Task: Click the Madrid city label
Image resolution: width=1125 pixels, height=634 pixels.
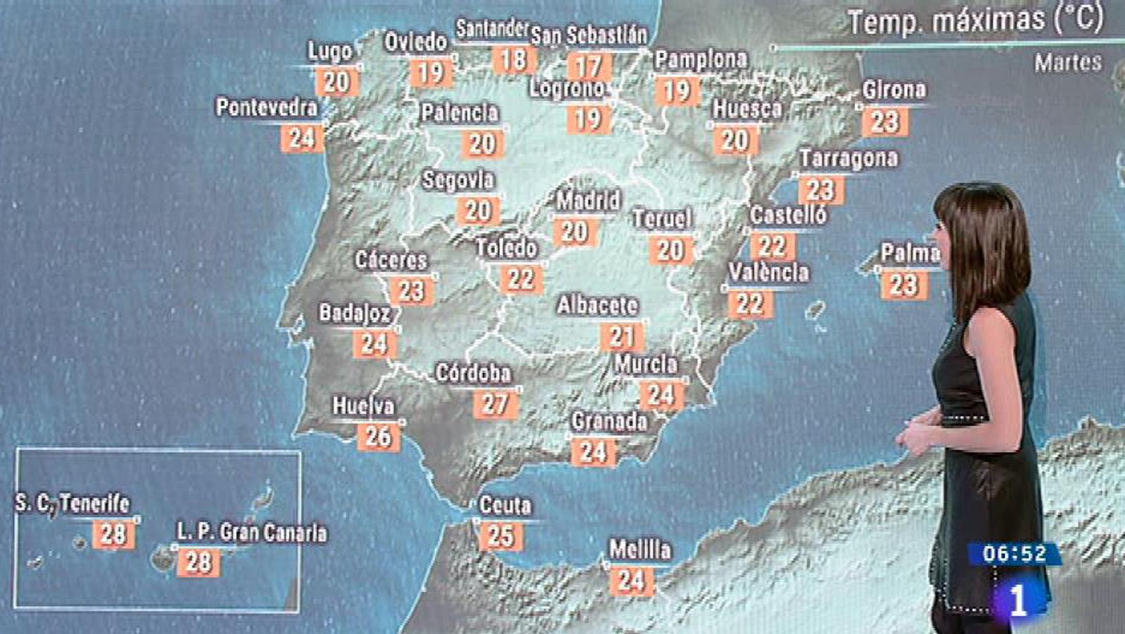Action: [588, 201]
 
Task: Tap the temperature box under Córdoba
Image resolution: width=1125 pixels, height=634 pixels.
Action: [495, 404]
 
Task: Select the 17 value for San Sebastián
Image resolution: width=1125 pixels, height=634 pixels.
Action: [589, 67]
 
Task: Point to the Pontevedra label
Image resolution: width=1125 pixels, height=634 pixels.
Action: [266, 108]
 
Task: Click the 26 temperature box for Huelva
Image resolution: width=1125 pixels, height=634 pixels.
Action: [378, 437]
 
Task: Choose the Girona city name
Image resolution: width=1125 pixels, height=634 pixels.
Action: [894, 90]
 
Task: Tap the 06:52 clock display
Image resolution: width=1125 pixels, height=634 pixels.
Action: [1014, 554]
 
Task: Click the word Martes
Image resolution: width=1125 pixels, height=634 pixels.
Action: [1067, 63]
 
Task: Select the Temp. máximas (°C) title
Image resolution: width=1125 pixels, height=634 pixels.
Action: [975, 21]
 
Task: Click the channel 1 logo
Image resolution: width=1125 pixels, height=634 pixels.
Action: [1017, 600]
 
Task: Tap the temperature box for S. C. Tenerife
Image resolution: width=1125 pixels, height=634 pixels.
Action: [113, 534]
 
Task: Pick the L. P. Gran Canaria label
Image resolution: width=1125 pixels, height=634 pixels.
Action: [252, 533]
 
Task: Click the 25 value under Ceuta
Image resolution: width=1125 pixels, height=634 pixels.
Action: [501, 536]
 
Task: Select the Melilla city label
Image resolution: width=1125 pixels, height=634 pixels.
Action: [640, 550]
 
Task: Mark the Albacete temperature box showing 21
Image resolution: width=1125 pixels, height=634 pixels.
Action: [622, 337]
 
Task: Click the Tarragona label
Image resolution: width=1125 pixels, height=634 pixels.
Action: [848, 159]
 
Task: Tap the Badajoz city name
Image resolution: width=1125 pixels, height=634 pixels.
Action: [354, 313]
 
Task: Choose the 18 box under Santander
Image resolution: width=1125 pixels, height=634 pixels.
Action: [513, 60]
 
